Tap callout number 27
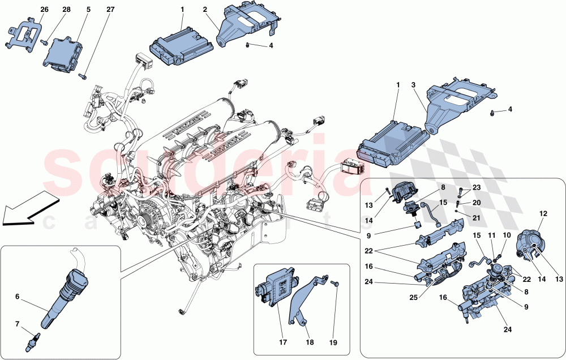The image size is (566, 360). (110, 10)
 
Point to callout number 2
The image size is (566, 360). (205, 10)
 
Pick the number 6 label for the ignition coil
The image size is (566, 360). (17, 296)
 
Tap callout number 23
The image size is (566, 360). (477, 187)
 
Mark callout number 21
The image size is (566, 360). (477, 217)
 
